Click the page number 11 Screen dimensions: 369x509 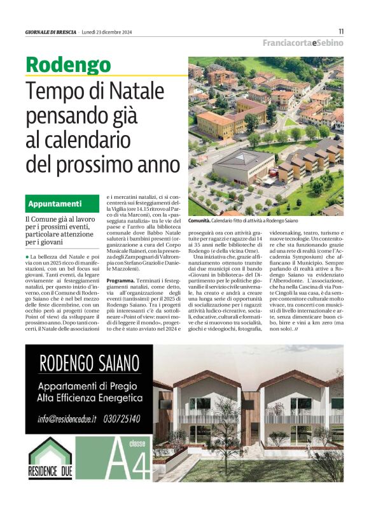click(x=341, y=31)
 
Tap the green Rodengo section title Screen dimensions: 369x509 click(x=68, y=65)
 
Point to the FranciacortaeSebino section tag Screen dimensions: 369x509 click(x=303, y=43)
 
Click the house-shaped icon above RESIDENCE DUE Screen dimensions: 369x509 click(x=50, y=461)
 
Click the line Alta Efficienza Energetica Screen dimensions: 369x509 click(x=89, y=399)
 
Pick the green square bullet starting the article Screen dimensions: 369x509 click(x=32, y=238)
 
